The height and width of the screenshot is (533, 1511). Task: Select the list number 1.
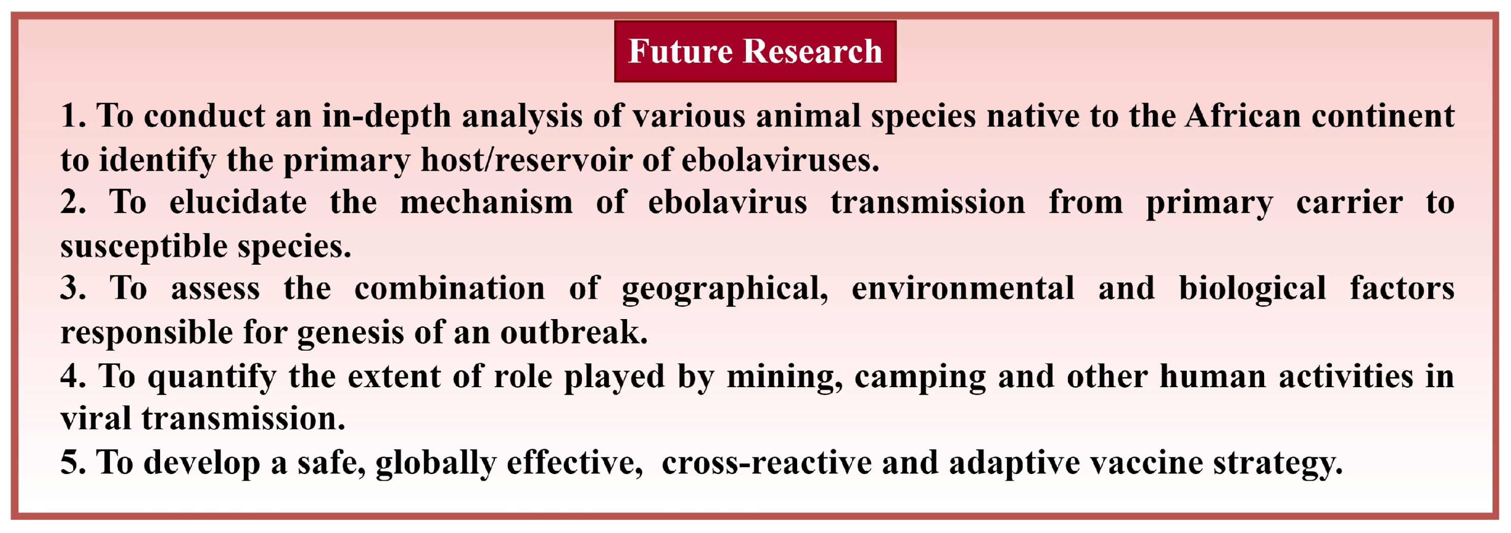[73, 115]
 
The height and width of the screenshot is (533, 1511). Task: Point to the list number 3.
[73, 289]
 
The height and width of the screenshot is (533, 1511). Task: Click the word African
[1243, 115]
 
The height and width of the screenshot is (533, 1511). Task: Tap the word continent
[1383, 115]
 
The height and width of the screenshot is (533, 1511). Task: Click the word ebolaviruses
[780, 160]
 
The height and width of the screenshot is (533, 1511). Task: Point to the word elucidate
[238, 202]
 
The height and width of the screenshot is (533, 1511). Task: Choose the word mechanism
[486, 202]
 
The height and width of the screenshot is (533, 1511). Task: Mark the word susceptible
[144, 247]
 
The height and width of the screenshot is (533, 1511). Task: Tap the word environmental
[963, 289]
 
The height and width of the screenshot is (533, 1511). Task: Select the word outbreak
[574, 332]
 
